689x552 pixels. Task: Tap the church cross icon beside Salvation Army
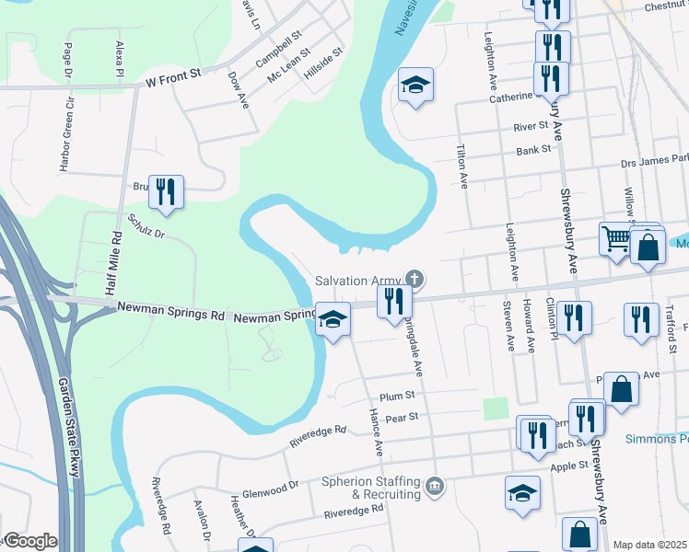415,278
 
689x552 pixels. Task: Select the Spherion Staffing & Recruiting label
372,488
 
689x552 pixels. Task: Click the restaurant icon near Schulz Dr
166,191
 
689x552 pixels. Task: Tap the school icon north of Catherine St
416,86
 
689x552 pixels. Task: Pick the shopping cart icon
615,239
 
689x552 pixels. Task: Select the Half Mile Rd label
115,261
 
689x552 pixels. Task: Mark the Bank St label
532,149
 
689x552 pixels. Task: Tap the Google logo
29,542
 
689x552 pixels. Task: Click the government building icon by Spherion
437,485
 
